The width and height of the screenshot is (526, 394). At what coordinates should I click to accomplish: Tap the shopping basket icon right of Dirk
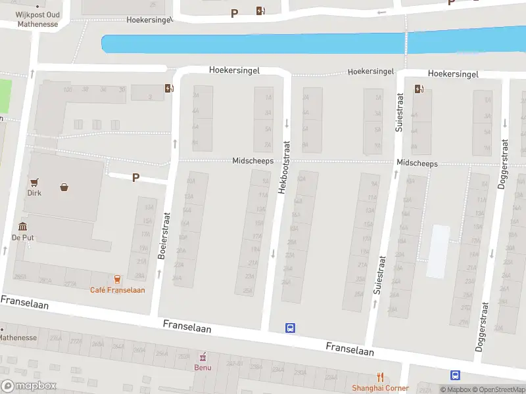tap(64, 187)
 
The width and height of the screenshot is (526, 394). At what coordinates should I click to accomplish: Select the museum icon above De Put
tap(22, 227)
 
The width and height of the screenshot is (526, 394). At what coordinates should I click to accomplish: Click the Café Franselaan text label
tap(118, 290)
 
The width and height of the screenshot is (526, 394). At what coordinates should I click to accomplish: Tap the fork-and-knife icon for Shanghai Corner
tap(380, 377)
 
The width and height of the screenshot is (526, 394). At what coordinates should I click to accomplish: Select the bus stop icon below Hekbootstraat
tap(290, 328)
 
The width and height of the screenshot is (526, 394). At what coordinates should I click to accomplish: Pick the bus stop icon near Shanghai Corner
tap(455, 375)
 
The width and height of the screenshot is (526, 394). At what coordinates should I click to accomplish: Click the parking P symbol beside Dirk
tap(136, 177)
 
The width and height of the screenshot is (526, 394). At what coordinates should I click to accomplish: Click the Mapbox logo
tap(29, 386)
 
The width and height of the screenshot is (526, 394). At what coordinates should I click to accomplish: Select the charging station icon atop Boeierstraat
tap(170, 89)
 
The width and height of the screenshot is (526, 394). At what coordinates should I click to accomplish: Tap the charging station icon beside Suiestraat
tap(419, 89)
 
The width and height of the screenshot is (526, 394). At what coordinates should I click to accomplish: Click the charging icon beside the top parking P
tap(261, 11)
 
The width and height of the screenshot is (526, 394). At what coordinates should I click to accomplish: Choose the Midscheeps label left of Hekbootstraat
tap(252, 161)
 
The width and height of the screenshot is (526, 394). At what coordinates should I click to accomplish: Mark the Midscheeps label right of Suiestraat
tap(417, 163)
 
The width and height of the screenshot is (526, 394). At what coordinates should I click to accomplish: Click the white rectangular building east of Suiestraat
tap(439, 251)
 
